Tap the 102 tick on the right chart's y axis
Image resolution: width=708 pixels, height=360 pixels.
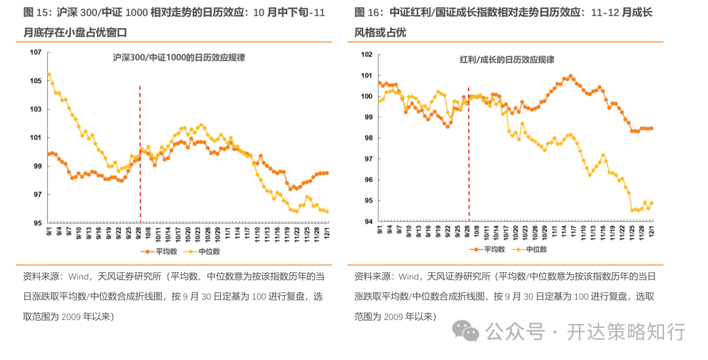(367, 54)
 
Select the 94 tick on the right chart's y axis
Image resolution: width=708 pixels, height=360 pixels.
(368, 222)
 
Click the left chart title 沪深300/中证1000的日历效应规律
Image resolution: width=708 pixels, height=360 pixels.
(179, 58)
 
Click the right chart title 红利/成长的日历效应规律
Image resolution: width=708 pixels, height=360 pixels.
(507, 60)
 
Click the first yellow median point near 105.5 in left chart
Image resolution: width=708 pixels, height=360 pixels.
(49, 74)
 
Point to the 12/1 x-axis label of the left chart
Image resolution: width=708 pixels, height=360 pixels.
(326, 233)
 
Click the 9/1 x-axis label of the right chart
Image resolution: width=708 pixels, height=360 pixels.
(380, 231)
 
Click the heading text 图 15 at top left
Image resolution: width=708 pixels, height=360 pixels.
(36, 12)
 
